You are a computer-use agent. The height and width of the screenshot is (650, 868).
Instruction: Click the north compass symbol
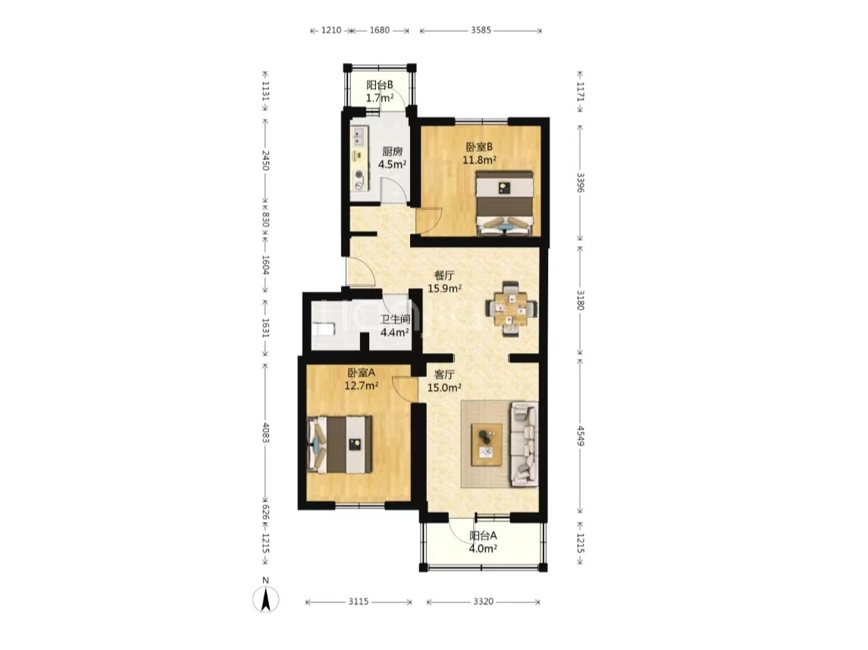(x=266, y=598)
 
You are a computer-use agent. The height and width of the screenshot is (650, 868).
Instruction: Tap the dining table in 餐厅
(x=511, y=309)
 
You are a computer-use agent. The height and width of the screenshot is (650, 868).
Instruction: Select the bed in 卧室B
(x=505, y=203)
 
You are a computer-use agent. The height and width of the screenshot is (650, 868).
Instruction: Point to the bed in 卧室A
(x=340, y=444)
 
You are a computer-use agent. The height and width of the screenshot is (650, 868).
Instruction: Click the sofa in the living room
(x=525, y=444)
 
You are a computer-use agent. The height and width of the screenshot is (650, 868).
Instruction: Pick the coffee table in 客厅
(x=487, y=445)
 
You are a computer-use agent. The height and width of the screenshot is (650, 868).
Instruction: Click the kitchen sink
(x=359, y=136)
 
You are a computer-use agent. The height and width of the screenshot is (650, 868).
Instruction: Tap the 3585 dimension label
(x=481, y=30)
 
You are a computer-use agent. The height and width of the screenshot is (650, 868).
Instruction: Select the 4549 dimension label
(x=580, y=436)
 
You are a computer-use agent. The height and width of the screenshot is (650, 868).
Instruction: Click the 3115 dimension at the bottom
(x=358, y=602)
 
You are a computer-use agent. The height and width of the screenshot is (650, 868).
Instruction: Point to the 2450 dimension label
(x=266, y=160)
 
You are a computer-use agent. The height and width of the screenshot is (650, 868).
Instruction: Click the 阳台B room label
(x=380, y=85)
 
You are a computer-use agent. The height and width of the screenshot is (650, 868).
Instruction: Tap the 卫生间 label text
(x=395, y=319)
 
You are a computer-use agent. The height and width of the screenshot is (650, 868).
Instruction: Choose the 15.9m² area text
(x=444, y=288)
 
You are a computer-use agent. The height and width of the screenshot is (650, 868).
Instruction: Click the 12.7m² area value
(x=361, y=386)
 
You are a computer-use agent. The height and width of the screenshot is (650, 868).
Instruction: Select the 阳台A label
(x=483, y=536)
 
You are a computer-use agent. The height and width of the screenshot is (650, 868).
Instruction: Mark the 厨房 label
(x=393, y=151)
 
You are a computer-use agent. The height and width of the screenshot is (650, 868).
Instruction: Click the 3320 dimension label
(x=483, y=602)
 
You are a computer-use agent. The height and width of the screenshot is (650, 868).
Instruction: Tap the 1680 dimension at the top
(x=379, y=30)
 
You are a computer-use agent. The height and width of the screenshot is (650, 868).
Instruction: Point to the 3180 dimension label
(x=580, y=300)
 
